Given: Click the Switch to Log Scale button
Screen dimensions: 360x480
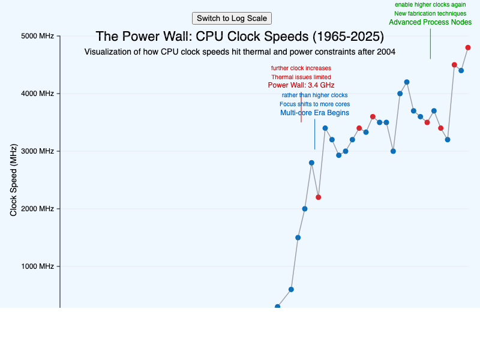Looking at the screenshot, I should click(232, 19).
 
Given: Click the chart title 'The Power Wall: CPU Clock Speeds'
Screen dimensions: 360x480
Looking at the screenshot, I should click(239, 37).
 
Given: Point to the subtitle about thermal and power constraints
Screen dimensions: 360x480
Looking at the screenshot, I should click(239, 52).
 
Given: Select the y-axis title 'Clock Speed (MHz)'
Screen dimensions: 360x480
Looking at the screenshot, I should click(13, 180).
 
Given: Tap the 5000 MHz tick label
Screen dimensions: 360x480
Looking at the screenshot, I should click(38, 36).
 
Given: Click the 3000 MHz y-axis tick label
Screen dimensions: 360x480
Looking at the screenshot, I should click(38, 151).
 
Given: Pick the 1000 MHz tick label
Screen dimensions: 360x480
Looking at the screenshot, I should click(38, 266).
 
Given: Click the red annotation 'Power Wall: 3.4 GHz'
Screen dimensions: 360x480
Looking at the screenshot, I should click(301, 85).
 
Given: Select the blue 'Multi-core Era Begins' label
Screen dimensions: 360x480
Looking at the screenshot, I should click(314, 113).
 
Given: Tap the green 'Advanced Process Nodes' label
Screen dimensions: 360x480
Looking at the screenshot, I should click(430, 22).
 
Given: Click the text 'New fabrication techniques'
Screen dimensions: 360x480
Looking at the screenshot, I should click(430, 13).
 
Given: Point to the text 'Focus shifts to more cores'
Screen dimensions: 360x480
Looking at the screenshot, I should click(314, 104).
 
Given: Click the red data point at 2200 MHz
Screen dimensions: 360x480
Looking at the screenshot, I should click(319, 197).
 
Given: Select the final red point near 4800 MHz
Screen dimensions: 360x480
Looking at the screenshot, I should click(468, 47).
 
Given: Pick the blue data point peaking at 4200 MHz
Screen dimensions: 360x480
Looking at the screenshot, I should click(407, 82).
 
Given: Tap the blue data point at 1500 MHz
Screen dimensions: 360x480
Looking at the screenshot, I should click(298, 238).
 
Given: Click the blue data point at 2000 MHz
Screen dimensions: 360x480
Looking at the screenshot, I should click(305, 209).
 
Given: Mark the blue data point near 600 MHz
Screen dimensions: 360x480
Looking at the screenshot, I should click(291, 289).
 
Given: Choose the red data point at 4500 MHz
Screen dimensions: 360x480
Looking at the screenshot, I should click(454, 65).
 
